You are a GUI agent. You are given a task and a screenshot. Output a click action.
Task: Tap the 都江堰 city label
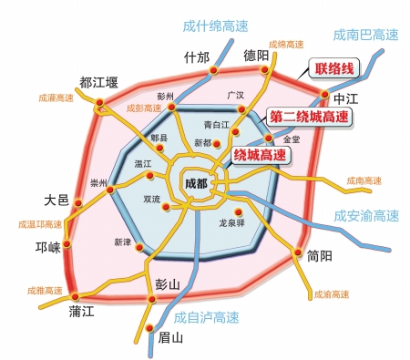pyautogui.click(x=99, y=83)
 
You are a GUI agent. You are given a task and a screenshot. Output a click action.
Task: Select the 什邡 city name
pyautogui.click(x=196, y=57)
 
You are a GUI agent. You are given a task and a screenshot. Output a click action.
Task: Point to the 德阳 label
pyautogui.click(x=257, y=57)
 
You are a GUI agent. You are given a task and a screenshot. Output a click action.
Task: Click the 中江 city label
pyautogui.click(x=347, y=98)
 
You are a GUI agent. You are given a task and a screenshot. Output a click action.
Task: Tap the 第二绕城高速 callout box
pyautogui.click(x=310, y=117)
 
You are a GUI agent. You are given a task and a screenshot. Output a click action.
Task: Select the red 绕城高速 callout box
pyautogui.click(x=259, y=155)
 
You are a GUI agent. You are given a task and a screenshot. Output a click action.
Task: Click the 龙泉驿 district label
pyautogui.click(x=234, y=221)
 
